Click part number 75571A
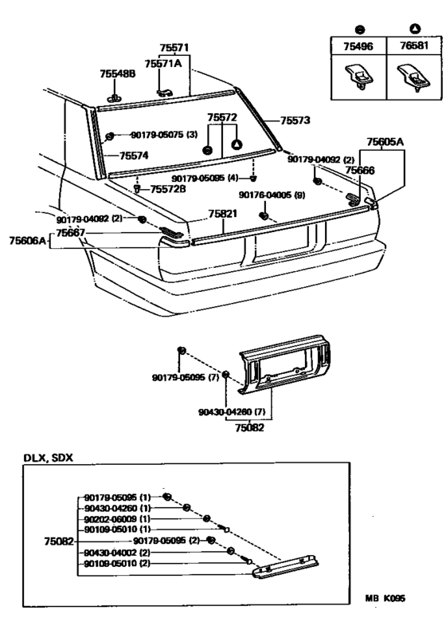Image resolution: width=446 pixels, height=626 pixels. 162,62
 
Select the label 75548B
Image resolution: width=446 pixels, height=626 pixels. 118,73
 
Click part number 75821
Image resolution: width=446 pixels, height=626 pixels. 223,215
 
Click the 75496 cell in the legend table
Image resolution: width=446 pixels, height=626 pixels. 358,48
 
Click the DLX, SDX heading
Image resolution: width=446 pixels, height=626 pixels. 48,460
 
